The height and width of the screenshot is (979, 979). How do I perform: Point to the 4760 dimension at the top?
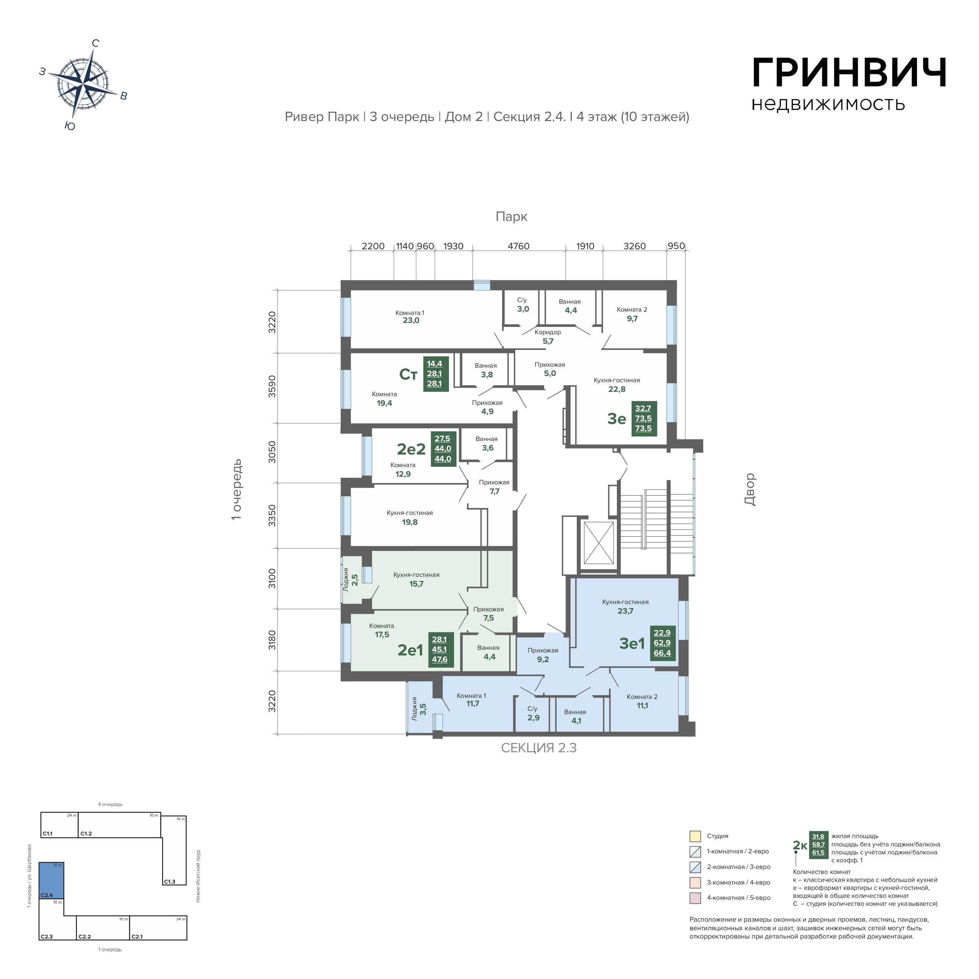pos(519,246)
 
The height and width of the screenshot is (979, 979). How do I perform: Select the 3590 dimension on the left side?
pos(272,386)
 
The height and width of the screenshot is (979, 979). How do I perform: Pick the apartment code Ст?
pos(408,375)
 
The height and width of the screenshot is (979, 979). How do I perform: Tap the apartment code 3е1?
pos(632,643)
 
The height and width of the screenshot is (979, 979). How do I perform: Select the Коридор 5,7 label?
pos(548,337)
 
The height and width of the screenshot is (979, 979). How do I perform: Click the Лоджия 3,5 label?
pos(419,708)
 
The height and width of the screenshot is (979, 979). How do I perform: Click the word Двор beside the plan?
pos(750,489)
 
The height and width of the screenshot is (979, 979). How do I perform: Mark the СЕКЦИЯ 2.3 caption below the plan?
pos(539,749)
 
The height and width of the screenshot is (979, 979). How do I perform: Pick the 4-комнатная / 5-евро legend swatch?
pos(695,898)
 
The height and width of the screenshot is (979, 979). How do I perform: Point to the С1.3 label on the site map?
pos(169,882)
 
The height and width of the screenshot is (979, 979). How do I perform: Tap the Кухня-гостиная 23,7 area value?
pos(625,611)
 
